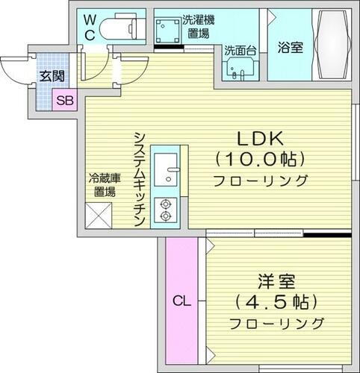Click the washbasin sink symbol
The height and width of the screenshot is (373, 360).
[x=238, y=70]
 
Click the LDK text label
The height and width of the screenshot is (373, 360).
[x=258, y=138]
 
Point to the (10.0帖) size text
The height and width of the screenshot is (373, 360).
[x=258, y=159]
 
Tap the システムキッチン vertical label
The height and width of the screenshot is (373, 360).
[x=138, y=178]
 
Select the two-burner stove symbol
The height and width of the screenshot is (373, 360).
[x=165, y=210]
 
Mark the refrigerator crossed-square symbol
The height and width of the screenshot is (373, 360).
[x=99, y=216]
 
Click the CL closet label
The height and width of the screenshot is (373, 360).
[x=179, y=302]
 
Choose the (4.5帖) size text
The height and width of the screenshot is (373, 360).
[x=276, y=303]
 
